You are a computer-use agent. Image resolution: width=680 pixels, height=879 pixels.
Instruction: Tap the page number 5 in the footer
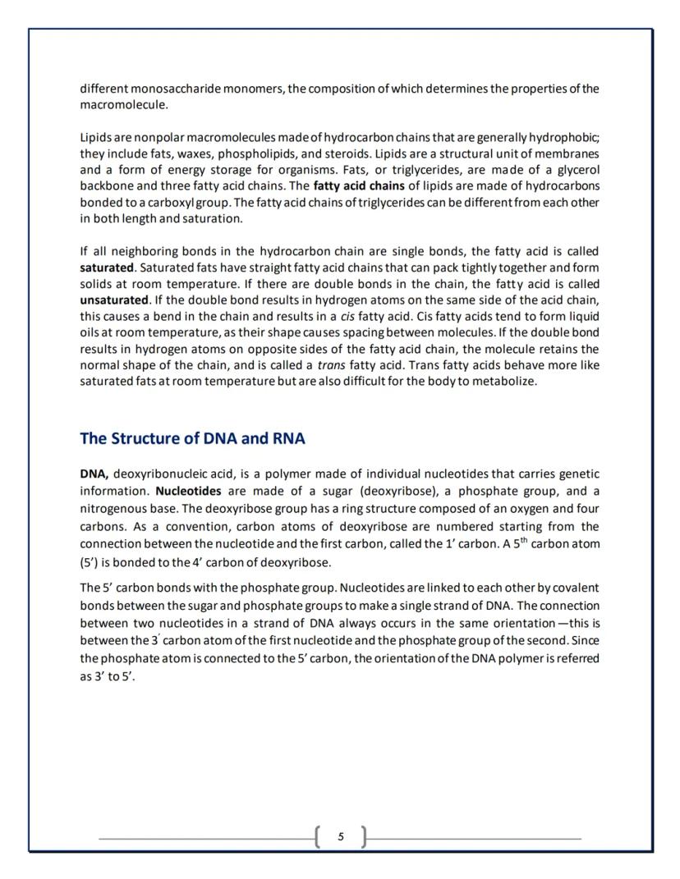click(x=341, y=837)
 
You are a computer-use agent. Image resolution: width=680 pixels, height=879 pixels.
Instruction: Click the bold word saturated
click(x=107, y=268)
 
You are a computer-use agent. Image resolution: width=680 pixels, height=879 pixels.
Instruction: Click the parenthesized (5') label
click(x=91, y=562)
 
